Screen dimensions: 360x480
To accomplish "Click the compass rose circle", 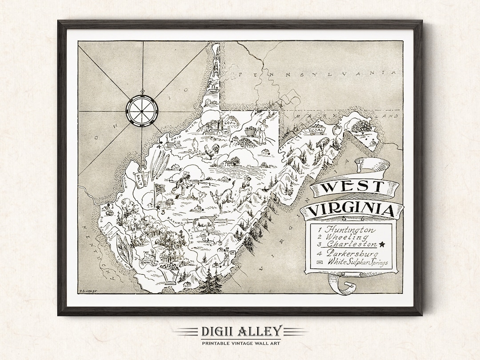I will point(142,108).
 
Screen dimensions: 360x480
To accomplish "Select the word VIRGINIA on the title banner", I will point(351,209).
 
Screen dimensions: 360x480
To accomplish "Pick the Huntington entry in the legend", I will point(349,230).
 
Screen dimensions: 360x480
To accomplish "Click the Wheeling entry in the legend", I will point(340,237).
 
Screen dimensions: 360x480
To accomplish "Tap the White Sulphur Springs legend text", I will point(357,262).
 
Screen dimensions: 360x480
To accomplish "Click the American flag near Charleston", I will point(159,188).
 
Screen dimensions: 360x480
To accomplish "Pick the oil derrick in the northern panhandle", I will point(215,67).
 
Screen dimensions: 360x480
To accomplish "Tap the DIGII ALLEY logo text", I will point(240,331).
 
